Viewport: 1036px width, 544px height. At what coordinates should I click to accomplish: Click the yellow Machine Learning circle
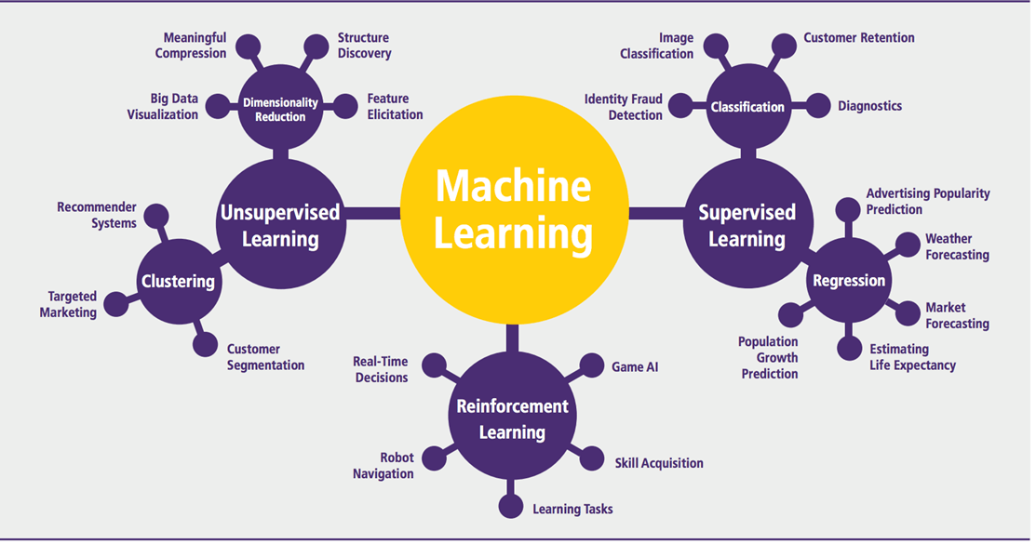click(x=513, y=213)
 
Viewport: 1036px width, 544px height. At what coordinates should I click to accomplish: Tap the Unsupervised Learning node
click(x=280, y=224)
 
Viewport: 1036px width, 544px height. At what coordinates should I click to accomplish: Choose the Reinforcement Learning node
click(x=512, y=418)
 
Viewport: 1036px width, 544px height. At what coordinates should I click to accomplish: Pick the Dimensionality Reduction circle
click(x=280, y=109)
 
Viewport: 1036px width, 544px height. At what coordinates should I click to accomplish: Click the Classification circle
click(x=747, y=107)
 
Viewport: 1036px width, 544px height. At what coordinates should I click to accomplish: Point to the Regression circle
click(x=848, y=280)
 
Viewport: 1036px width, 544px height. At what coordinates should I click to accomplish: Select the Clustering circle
click(x=178, y=280)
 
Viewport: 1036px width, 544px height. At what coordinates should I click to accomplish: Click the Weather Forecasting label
click(x=956, y=246)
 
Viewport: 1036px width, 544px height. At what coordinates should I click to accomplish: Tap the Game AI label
click(x=635, y=367)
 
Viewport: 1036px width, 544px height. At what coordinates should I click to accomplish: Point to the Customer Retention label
click(x=858, y=38)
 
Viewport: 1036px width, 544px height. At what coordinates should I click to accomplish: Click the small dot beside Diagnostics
click(x=817, y=106)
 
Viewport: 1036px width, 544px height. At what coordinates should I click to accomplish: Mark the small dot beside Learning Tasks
click(x=510, y=506)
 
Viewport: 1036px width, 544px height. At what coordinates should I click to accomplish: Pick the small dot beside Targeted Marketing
click(x=115, y=303)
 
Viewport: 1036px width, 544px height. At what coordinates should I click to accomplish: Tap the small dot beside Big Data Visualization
click(x=216, y=106)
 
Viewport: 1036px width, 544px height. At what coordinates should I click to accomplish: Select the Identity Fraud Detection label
click(x=623, y=107)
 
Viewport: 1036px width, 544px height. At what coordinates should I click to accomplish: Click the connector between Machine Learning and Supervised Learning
click(x=655, y=213)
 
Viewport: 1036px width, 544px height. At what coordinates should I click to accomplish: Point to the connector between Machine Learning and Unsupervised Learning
click(x=371, y=213)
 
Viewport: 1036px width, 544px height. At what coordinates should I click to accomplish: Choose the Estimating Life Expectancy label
click(x=911, y=357)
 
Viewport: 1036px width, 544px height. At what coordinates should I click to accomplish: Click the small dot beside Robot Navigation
click(x=431, y=458)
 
